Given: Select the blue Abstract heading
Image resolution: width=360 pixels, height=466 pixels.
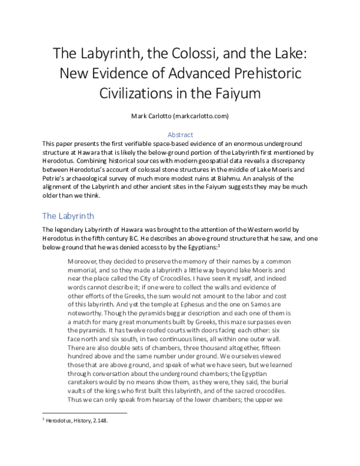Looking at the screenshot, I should pyautogui.click(x=179, y=135).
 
